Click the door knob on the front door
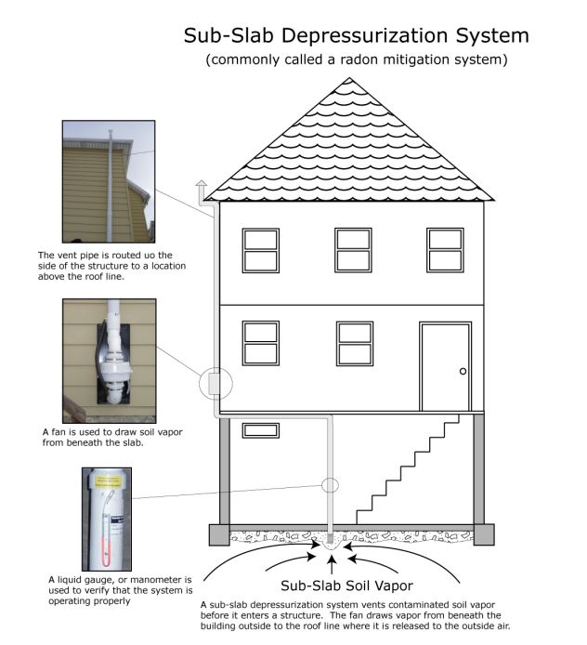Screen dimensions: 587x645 pyautogui.click(x=463, y=371)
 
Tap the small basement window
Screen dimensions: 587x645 pyautogui.click(x=261, y=430)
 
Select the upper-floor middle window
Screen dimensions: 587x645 pyautogui.click(x=353, y=250)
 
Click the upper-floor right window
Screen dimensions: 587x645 pyautogui.click(x=445, y=250)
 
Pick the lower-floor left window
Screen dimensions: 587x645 pyautogui.click(x=261, y=344)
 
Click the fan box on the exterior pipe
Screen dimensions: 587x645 pyautogui.click(x=215, y=384)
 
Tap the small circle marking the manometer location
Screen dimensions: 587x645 pyautogui.click(x=330, y=485)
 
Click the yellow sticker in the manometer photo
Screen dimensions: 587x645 pyautogui.click(x=108, y=481)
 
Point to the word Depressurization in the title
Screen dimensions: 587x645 pyautogui.click(x=366, y=35)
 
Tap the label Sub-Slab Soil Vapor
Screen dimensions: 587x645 pyautogui.click(x=347, y=586)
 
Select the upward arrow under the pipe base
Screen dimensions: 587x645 pyautogui.click(x=333, y=564)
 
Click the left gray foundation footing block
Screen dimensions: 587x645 pyautogui.click(x=219, y=534)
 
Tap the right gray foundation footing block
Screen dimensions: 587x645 pyautogui.click(x=484, y=534)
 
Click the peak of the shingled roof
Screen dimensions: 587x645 pyautogui.click(x=349, y=78)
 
